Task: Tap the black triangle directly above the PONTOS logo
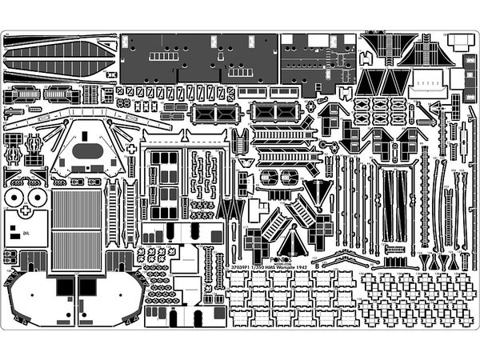click(x=294, y=240)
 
